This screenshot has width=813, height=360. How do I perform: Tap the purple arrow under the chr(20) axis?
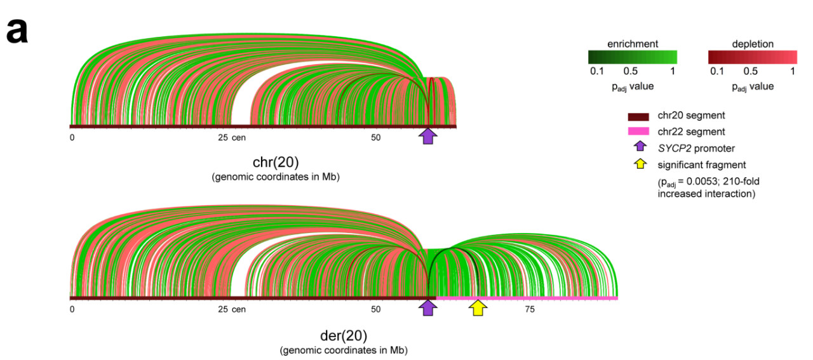point(428,136)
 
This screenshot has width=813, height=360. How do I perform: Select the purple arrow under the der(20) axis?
point(429,308)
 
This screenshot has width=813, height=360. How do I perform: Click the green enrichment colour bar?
point(632,57)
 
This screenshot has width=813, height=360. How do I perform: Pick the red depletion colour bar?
point(752,57)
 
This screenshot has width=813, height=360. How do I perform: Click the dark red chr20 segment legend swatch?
point(638,116)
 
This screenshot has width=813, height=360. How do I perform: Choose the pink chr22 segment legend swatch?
point(638,131)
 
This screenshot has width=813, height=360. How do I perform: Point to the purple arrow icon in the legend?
point(638,148)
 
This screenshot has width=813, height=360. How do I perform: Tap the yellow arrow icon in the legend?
point(638,164)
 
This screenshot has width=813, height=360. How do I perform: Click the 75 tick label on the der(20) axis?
point(530,309)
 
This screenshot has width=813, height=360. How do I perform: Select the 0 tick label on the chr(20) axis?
point(72,137)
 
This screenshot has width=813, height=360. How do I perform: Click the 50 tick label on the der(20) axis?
point(375,309)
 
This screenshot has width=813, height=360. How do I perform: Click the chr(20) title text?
point(275,162)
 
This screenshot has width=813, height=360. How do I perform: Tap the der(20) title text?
point(343,335)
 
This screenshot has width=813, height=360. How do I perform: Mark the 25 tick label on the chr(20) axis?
point(222,137)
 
